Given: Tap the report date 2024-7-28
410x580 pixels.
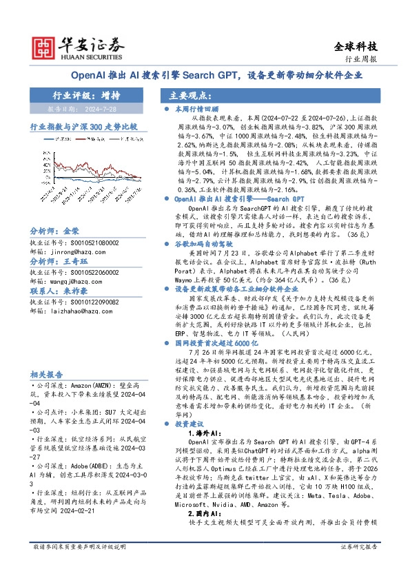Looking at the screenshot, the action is point(103,110).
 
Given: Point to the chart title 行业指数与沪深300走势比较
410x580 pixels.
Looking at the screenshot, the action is point(83,127).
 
